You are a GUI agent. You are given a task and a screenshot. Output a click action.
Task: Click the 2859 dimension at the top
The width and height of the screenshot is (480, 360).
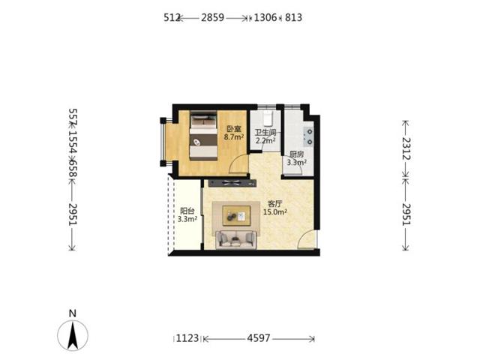tap(212, 17)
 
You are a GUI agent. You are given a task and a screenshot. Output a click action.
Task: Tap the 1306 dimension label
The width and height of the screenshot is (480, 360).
tap(265, 17)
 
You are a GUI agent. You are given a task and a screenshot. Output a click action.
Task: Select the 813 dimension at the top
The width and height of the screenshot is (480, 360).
tap(293, 17)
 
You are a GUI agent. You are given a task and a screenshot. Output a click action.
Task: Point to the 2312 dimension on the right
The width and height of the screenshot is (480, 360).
tap(406, 148)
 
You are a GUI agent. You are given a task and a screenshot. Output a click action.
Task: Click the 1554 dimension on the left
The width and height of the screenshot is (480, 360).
tap(73, 142)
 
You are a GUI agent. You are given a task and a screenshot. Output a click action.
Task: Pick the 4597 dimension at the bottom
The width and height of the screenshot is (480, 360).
tap(259, 338)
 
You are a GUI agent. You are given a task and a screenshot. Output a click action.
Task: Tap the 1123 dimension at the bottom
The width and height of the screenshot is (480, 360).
tap(187, 338)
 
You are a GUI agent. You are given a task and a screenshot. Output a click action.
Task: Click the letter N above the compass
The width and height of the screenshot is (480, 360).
tap(73, 313)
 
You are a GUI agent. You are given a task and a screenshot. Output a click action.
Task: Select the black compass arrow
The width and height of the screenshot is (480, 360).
tap(73, 335)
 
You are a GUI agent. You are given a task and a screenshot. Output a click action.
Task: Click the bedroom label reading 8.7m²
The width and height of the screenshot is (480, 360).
tap(234, 136)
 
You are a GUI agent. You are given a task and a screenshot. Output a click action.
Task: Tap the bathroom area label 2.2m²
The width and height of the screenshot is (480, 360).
tap(265, 141)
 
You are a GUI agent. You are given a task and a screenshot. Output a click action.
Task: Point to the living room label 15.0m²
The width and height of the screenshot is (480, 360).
tap(275, 211)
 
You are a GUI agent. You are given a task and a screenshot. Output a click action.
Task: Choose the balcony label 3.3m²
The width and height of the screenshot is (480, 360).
tap(187, 219)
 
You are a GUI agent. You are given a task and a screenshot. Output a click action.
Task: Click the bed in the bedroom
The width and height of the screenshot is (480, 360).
tap(203, 135)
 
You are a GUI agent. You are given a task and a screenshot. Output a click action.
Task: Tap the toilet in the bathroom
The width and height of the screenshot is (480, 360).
tap(268, 118)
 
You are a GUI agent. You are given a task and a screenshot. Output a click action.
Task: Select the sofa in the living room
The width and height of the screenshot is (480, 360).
tap(236, 240)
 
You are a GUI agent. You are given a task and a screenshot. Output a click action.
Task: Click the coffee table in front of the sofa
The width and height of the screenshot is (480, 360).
tap(236, 215)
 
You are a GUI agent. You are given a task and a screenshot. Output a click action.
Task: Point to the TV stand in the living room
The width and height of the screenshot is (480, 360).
tap(232, 183)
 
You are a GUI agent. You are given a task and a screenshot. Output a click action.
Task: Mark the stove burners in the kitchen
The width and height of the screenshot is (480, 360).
tap(308, 136)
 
